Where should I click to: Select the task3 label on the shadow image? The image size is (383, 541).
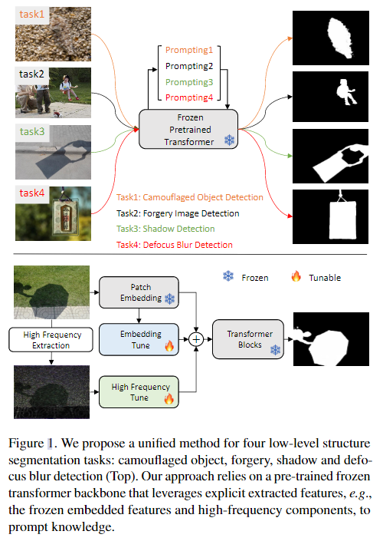pyautogui.click(x=32, y=131)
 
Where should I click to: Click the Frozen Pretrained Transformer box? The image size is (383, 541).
pyautogui.click(x=188, y=128)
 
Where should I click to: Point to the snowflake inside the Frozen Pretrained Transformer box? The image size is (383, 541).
pyautogui.click(x=228, y=140)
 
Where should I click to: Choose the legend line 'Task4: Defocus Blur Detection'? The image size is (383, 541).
pyautogui.click(x=175, y=245)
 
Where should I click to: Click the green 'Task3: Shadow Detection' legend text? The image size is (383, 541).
pyautogui.click(x=165, y=229)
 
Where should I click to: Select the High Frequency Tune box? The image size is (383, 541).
pyautogui.click(x=137, y=391)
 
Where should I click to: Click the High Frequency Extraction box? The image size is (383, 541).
pyautogui.click(x=50, y=339)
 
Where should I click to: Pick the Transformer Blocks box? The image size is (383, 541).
pyautogui.click(x=244, y=339)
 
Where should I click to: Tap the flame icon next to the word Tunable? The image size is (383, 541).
pyautogui.click(x=296, y=276)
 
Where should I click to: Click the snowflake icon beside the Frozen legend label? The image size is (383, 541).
pyautogui.click(x=227, y=276)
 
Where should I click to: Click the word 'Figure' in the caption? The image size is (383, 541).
pyautogui.click(x=25, y=443)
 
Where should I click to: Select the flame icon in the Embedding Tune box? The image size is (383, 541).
pyautogui.click(x=169, y=346)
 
